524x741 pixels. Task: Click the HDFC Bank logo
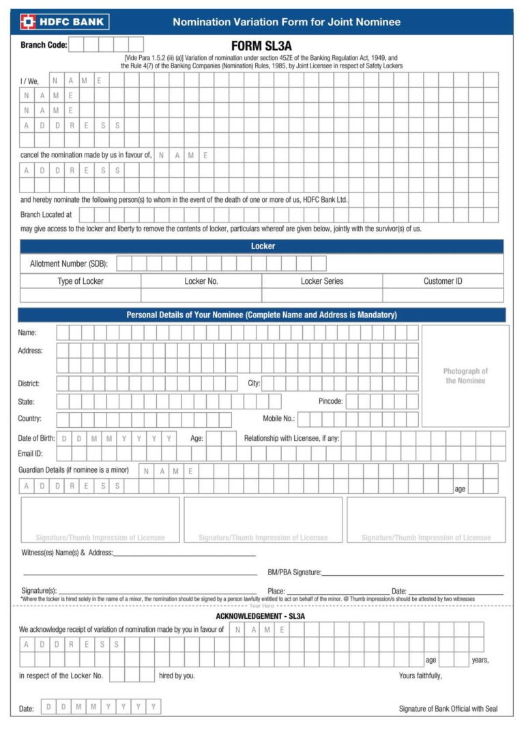coord(63,22)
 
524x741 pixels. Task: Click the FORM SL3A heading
coord(261,46)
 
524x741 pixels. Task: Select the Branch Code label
coord(44,45)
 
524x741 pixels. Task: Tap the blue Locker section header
coord(262,246)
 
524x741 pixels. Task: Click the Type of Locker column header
coord(81,281)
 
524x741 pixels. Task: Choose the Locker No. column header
coord(201,281)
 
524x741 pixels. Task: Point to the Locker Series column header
coord(322,281)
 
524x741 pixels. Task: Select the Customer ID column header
coord(443,281)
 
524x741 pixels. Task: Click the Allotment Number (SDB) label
coord(68,263)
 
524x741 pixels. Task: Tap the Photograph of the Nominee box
coord(465,376)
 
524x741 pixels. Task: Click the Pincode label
coord(330,401)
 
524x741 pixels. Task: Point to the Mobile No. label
coord(278,418)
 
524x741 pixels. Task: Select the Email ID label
coord(30,453)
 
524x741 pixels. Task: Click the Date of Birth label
coord(36,438)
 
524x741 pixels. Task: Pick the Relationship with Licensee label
coord(291,438)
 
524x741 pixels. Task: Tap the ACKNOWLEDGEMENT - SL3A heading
coord(260,616)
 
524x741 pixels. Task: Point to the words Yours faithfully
coord(420,675)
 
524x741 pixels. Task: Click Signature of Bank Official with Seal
coord(448,708)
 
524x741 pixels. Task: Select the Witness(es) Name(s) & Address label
coord(67,553)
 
